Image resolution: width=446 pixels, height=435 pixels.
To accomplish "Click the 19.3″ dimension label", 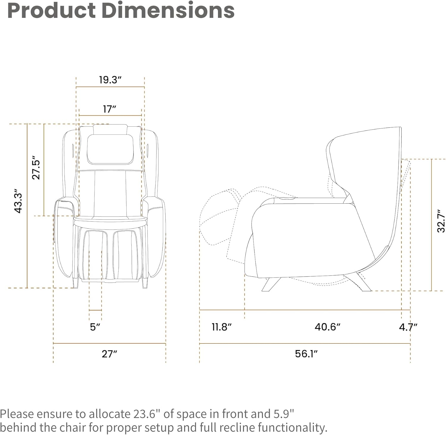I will pos(110,80).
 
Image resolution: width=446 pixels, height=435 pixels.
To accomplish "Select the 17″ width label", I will pos(109,109).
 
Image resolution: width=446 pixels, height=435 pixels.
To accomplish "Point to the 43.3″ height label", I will pos(18,202).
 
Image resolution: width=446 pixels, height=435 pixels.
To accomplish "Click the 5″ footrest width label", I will pos(95,327).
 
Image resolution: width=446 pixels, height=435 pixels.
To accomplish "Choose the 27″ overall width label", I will pos(109,354).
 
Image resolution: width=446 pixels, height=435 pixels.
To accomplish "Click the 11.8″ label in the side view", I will pos(222,327).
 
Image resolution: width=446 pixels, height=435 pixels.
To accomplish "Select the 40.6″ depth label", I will pos(327,327).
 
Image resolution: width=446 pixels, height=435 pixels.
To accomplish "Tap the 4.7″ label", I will pos(408,327).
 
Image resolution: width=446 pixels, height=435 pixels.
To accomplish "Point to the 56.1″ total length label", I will pos(306,354).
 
